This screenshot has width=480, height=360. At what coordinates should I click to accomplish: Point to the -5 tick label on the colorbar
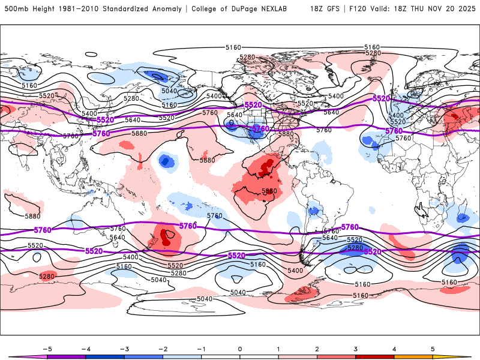coord(46,348)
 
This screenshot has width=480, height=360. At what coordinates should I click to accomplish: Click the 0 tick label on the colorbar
coord(239,348)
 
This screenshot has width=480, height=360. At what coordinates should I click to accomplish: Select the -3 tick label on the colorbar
coord(123,348)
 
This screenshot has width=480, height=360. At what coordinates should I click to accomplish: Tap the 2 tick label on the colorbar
coord(317,348)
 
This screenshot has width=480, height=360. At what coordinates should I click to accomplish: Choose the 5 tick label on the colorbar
coord(433,348)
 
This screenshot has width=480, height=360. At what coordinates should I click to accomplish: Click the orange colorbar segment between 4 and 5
coord(413,356)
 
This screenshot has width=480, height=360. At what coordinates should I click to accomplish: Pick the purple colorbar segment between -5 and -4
coord(66,356)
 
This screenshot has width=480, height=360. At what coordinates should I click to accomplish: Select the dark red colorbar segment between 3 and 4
coord(375,356)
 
